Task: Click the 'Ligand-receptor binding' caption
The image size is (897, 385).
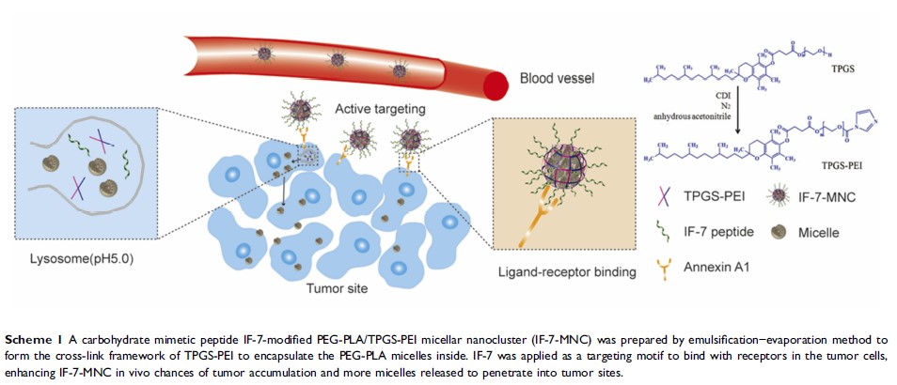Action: point(564,272)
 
